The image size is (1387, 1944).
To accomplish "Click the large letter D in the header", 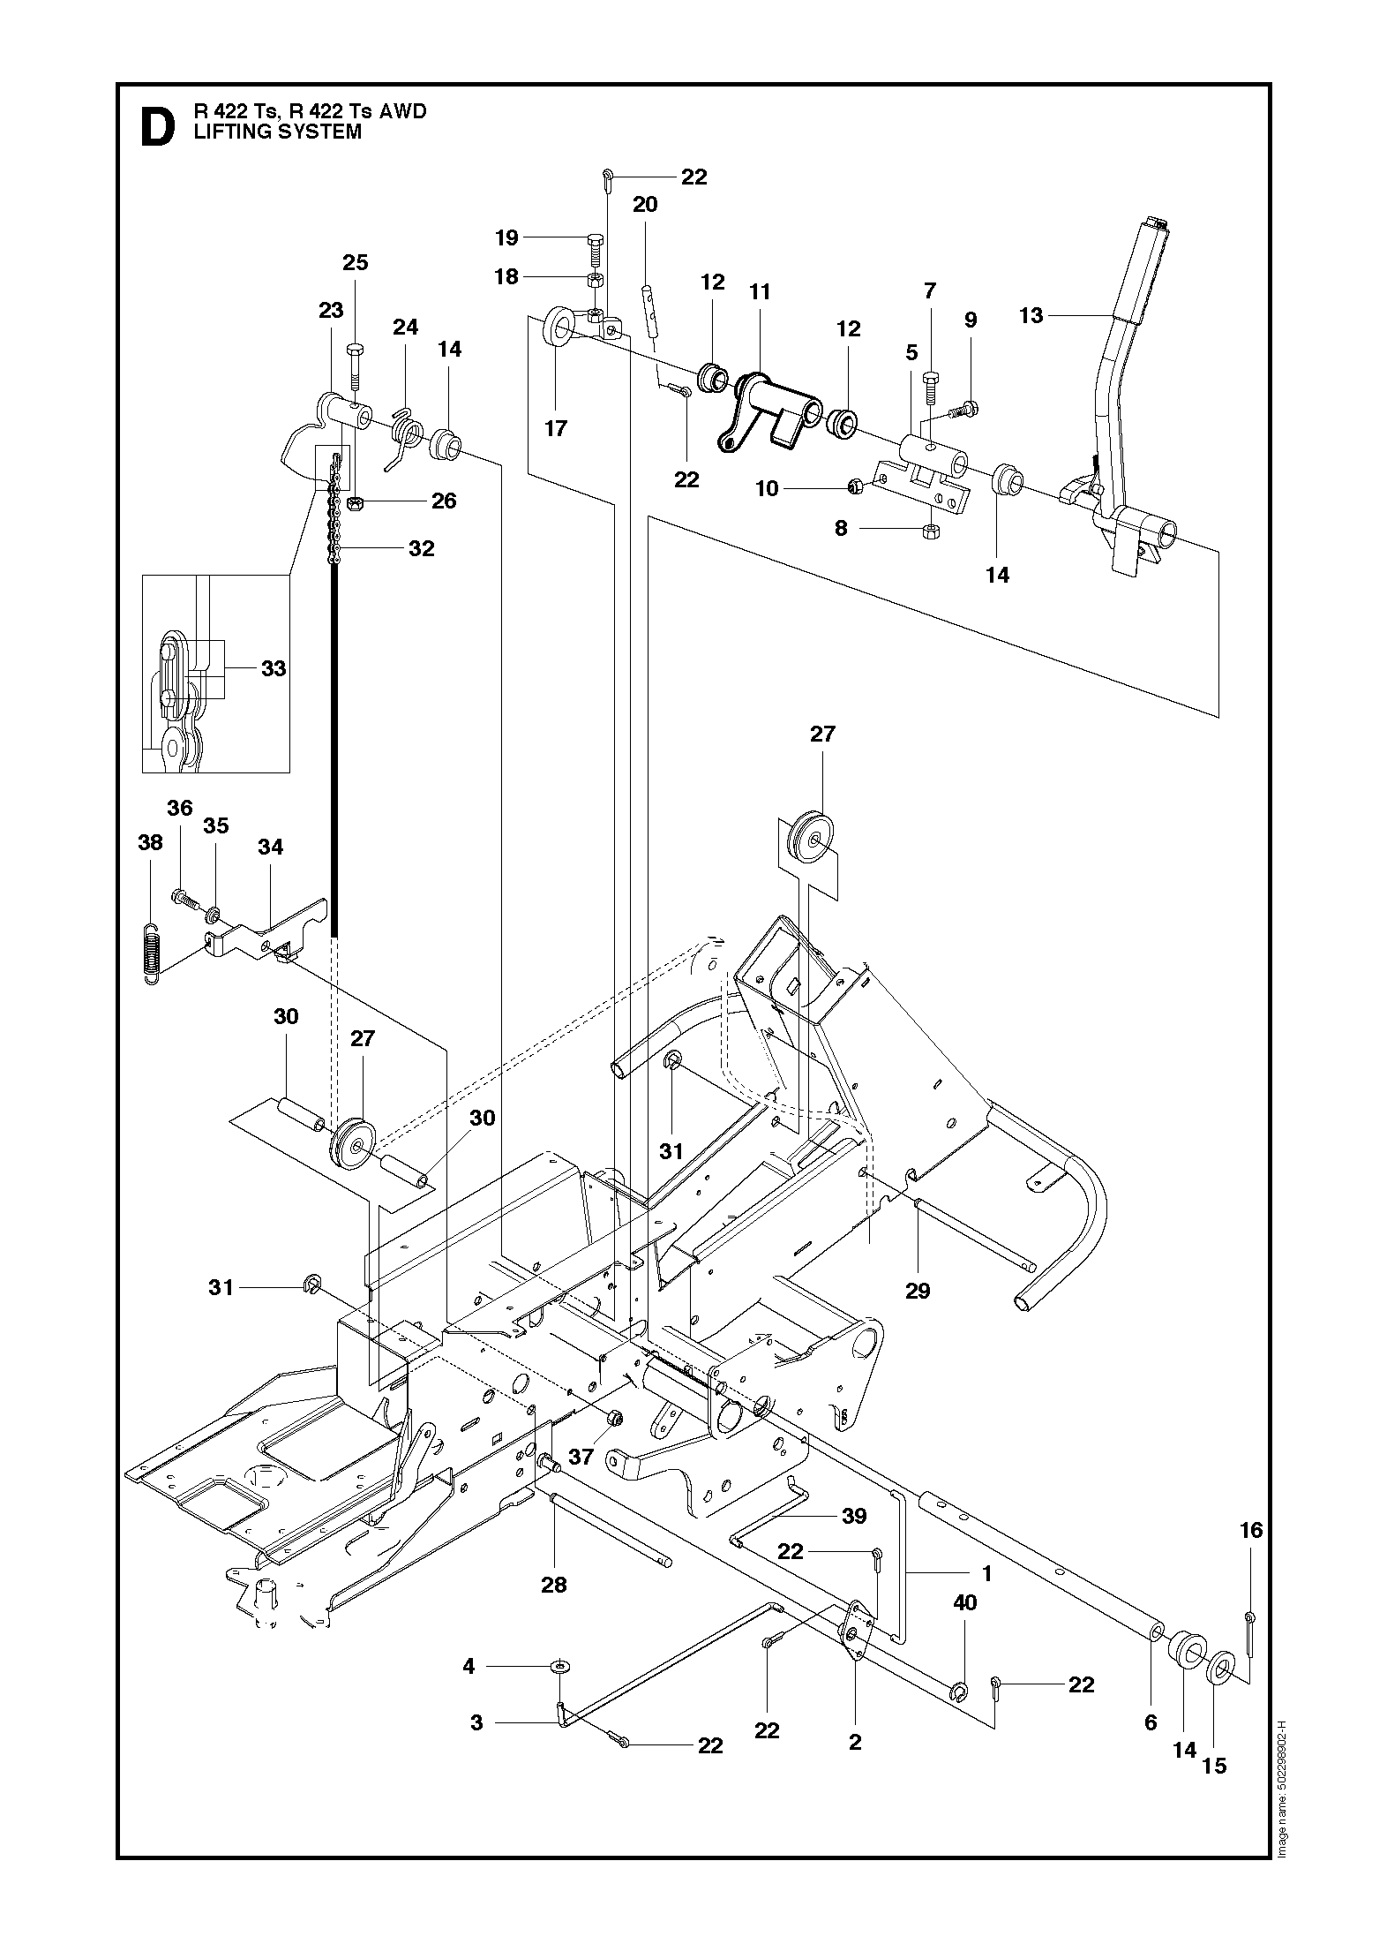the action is (x=157, y=127).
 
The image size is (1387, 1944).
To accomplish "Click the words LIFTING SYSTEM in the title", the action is (x=277, y=132).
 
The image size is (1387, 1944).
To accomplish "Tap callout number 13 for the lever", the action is (x=1031, y=315).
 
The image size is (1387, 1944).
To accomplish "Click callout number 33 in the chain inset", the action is (x=274, y=668).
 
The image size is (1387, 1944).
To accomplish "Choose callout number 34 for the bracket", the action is (x=271, y=847).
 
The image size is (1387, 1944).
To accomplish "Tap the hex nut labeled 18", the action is (x=596, y=279).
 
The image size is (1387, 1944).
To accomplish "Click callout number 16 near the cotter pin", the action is (x=1252, y=1530).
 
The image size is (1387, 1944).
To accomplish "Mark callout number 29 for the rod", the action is (x=918, y=1291).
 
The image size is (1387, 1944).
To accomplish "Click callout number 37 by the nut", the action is (x=581, y=1456).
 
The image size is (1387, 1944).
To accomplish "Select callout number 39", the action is (x=854, y=1516).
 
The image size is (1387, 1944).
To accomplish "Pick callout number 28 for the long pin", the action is (x=554, y=1585).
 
